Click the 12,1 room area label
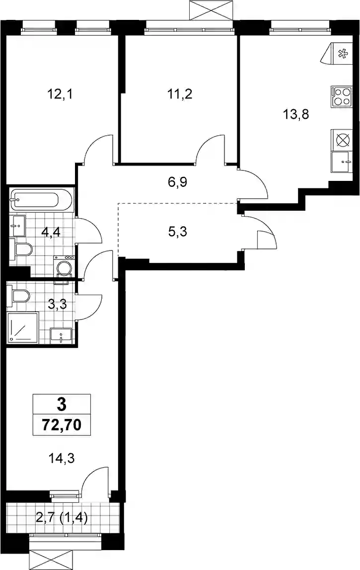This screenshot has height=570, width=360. pyautogui.click(x=60, y=94)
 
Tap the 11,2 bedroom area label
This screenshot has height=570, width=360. pyautogui.click(x=179, y=94)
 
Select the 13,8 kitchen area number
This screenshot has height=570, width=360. pyautogui.click(x=296, y=115)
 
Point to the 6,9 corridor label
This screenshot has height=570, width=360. pyautogui.click(x=177, y=182)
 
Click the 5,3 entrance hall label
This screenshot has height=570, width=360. pyautogui.click(x=178, y=231)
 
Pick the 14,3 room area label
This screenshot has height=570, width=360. pyautogui.click(x=62, y=458)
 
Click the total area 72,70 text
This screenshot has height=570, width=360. pyautogui.click(x=62, y=424)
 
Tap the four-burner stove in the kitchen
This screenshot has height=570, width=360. pyautogui.click(x=342, y=97)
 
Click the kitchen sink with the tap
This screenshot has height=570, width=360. pyautogui.click(x=342, y=162)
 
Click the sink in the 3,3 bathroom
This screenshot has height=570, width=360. pyautogui.click(x=61, y=335)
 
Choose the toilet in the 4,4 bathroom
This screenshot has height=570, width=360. pyautogui.click(x=20, y=250)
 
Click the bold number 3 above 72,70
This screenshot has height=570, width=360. pyautogui.click(x=62, y=404)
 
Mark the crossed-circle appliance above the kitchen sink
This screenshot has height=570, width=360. pyautogui.click(x=342, y=140)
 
